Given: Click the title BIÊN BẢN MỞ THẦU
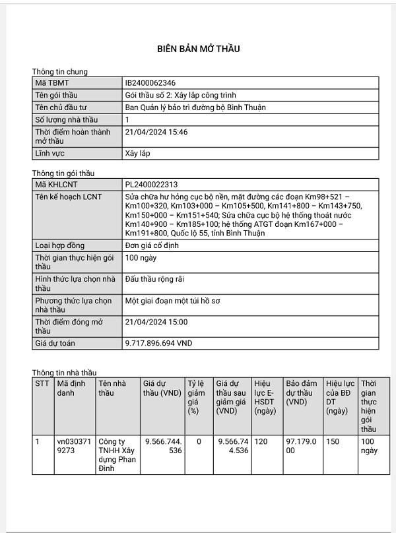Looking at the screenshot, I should click(198, 49).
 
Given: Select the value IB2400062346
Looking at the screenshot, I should click(150, 83).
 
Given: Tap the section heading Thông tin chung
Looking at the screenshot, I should click(59, 71).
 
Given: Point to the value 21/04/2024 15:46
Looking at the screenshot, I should click(156, 132).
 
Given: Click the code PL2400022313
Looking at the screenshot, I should click(151, 185).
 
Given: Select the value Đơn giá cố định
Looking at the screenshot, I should click(152, 245).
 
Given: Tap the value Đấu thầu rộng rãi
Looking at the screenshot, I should click(154, 280).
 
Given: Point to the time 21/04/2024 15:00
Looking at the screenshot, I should click(156, 322).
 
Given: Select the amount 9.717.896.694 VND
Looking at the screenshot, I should click(158, 343).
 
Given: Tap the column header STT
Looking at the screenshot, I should click(42, 383).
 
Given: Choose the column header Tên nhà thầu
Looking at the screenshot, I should click(111, 388).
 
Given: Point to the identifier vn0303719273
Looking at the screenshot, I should click(71, 447).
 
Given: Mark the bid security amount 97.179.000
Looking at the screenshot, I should click(301, 447).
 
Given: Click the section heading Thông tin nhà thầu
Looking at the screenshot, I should click(64, 373).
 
